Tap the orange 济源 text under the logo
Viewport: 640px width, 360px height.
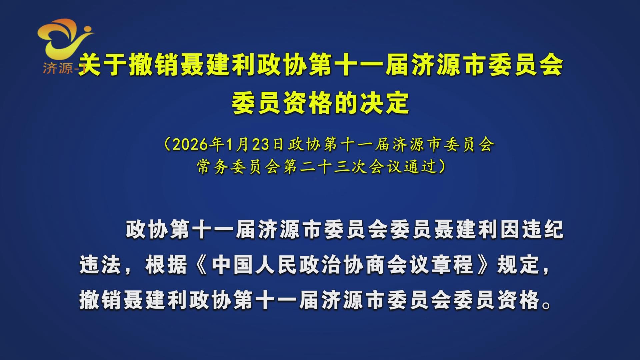[58, 68]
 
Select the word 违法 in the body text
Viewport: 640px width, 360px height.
[100, 265]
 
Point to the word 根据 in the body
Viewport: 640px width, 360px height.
[166, 265]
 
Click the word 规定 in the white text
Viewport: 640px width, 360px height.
[518, 265]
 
